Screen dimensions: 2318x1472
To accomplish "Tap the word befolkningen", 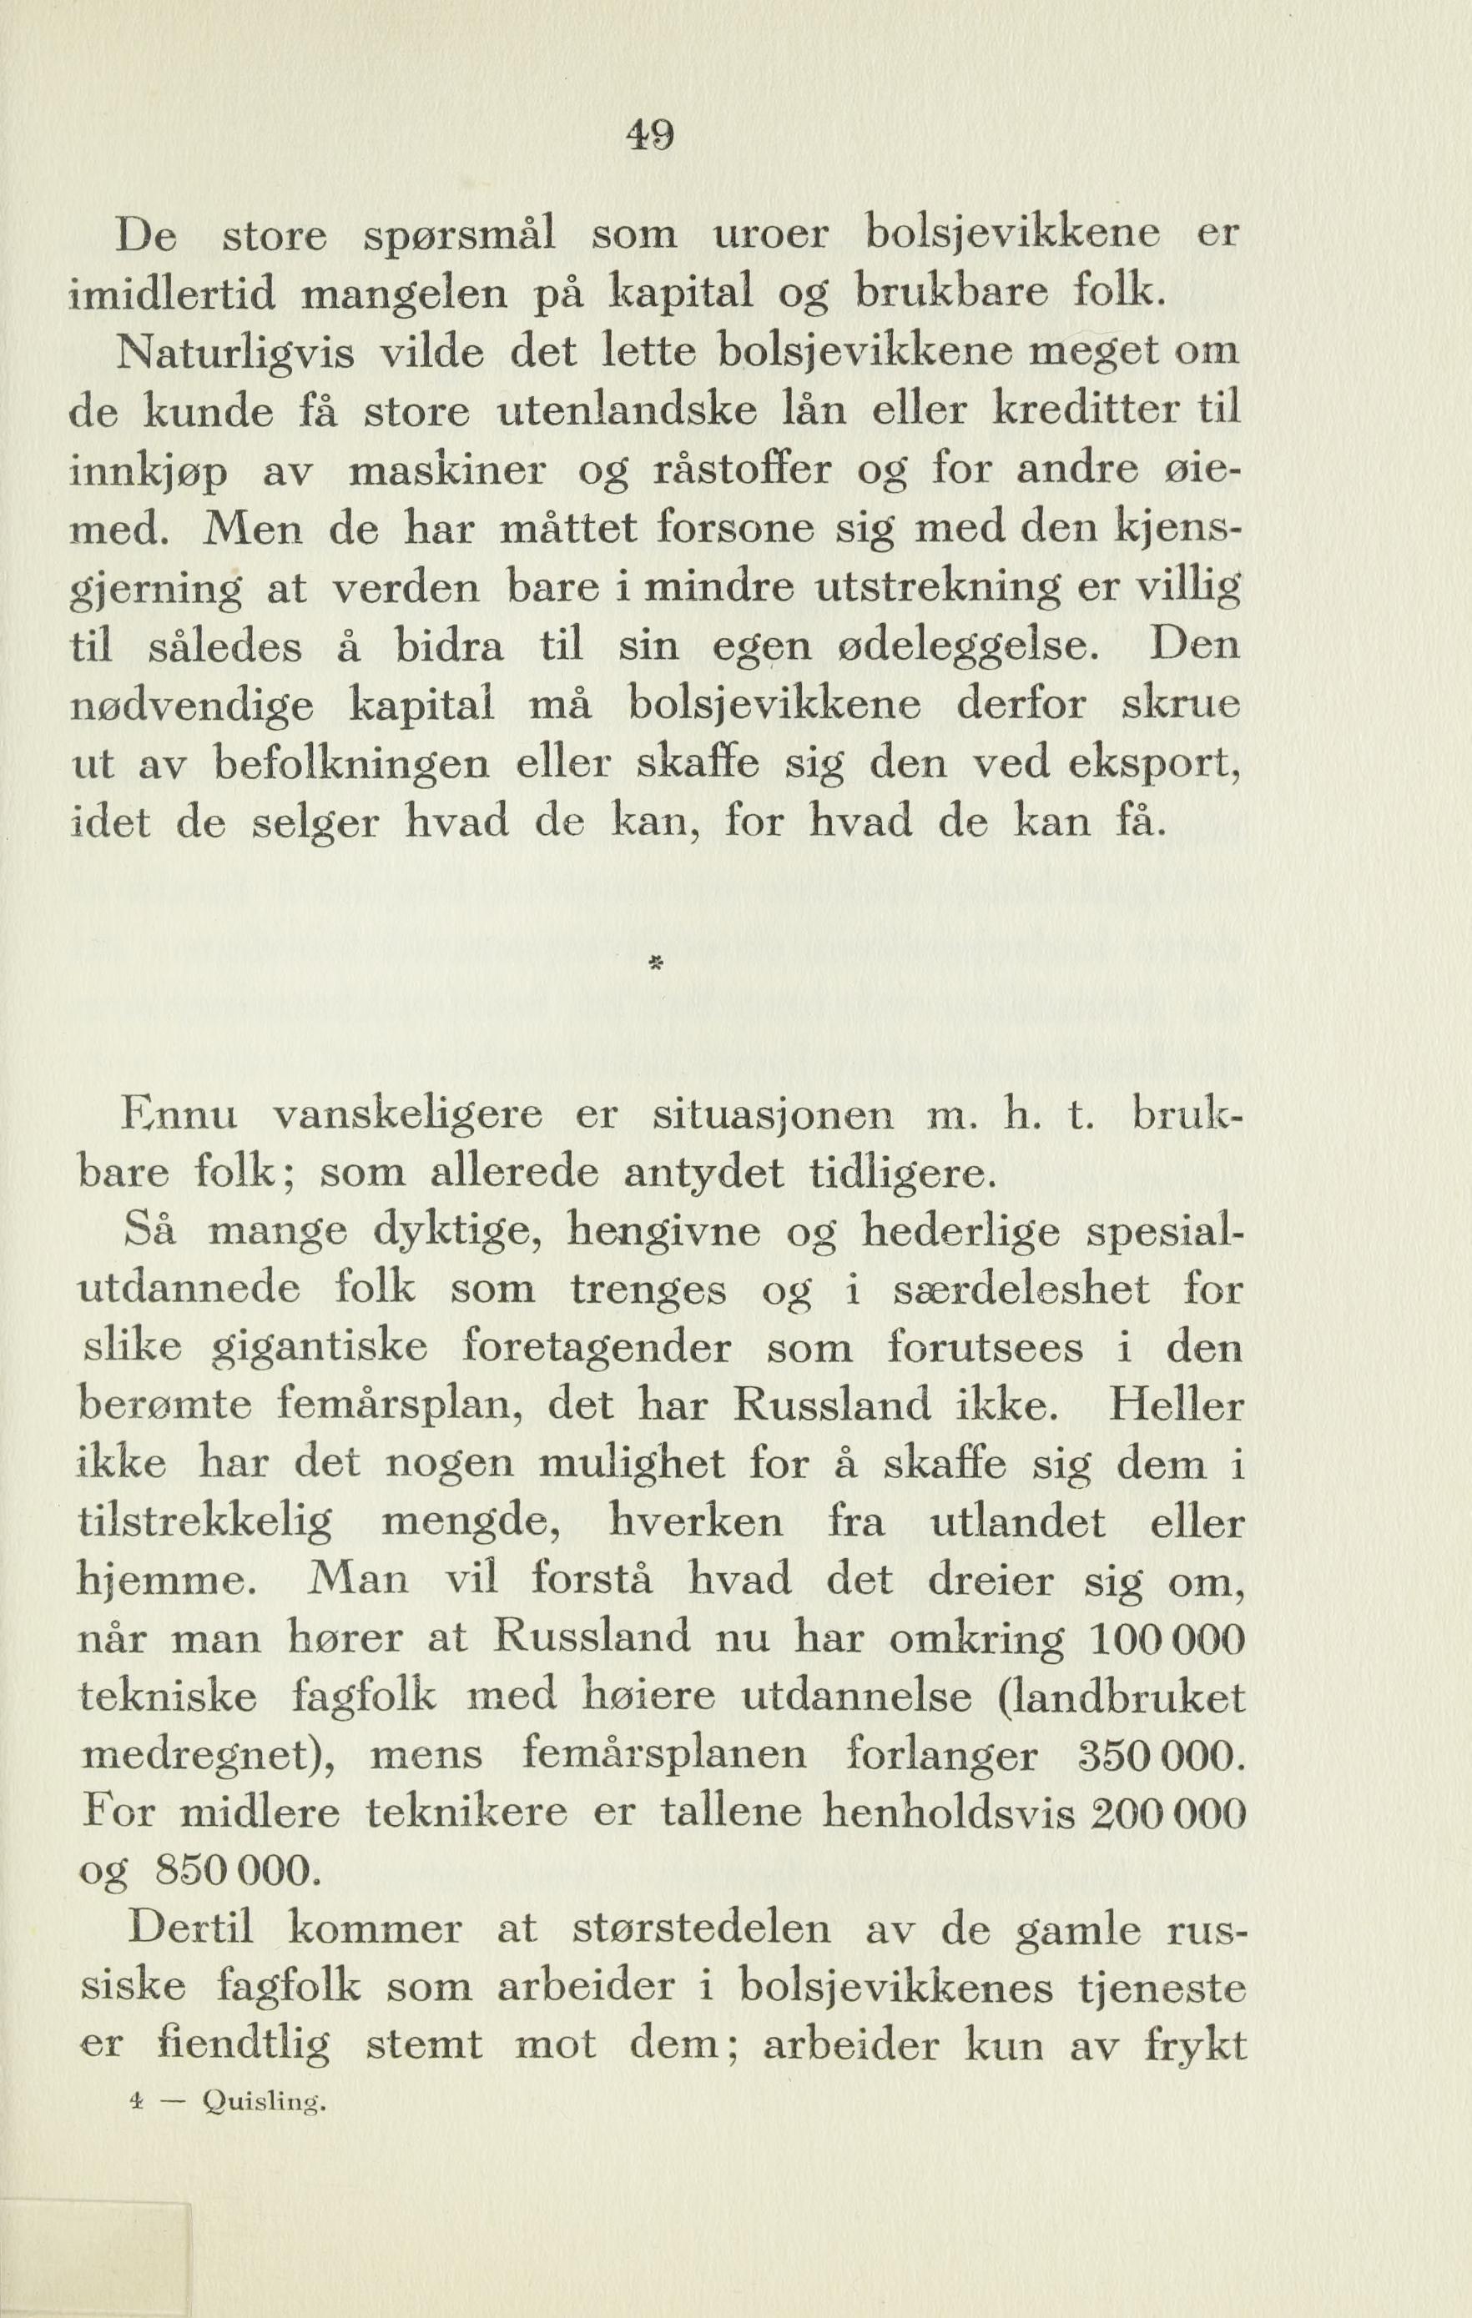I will click(351, 765).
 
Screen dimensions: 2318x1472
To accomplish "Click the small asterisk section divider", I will click(652, 964).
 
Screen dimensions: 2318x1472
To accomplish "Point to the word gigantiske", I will click(319, 1348).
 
